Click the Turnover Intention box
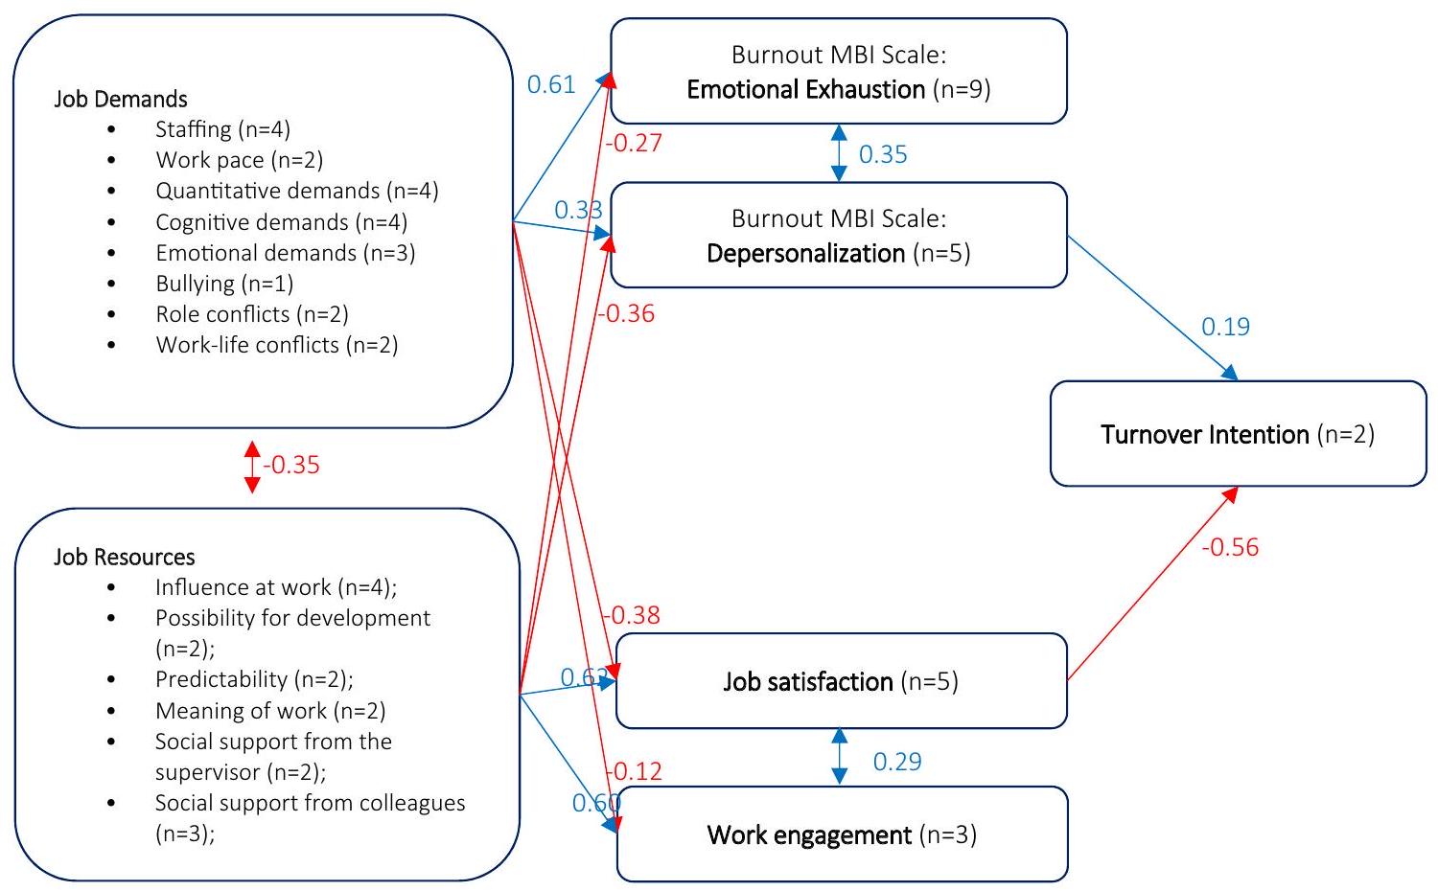[x=1238, y=434]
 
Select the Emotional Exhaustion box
[x=839, y=72]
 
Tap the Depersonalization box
[x=839, y=236]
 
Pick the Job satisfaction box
[x=841, y=681]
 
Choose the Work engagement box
[x=842, y=834]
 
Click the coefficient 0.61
[x=551, y=84]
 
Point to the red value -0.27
[x=634, y=144]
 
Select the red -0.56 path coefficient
[x=1230, y=547]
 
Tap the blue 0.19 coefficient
[x=1225, y=327]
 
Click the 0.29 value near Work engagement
[x=897, y=762]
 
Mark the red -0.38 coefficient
[x=632, y=615]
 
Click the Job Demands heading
[x=121, y=100]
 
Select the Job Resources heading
[x=125, y=558]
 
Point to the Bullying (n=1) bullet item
[x=224, y=284]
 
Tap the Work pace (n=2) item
[x=240, y=160]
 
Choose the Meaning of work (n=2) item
[x=270, y=711]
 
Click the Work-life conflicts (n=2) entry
[x=276, y=345]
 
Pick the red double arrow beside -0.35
[x=252, y=467]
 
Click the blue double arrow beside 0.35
[x=839, y=153]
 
